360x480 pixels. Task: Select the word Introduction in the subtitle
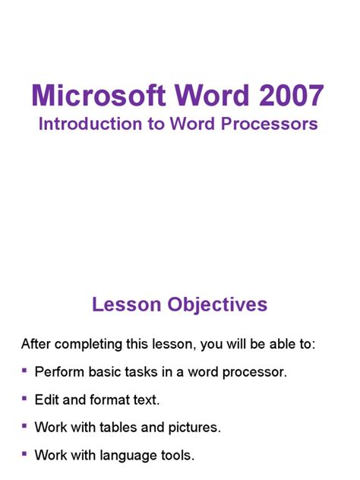pyautogui.click(x=88, y=124)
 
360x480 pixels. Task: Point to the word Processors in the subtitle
pyautogui.click(x=271, y=124)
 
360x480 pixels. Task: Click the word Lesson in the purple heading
pyautogui.click(x=122, y=305)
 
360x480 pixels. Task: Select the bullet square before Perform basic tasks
pyautogui.click(x=25, y=371)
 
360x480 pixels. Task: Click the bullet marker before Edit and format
pyautogui.click(x=25, y=398)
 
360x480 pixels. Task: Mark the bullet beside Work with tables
pyautogui.click(x=25, y=426)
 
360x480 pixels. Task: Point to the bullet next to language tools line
pyautogui.click(x=25, y=454)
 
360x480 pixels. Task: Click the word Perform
pyautogui.click(x=59, y=373)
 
